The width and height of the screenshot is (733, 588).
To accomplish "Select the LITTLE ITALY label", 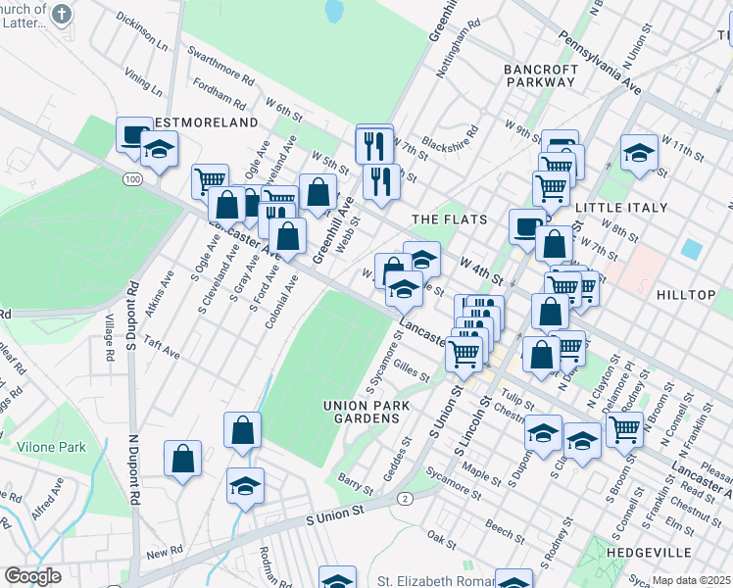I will pos(620,208).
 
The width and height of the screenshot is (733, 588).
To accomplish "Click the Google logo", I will pos(32,576).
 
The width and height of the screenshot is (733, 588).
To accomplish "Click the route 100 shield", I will pos(133,180).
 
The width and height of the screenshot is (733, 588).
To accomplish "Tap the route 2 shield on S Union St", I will pos(404,499).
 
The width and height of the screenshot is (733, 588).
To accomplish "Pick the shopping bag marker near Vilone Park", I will pos(182,458).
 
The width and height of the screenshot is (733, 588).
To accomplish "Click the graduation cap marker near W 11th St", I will pos(639,152).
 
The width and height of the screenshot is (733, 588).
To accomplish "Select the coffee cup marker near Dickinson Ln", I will pos(134,134).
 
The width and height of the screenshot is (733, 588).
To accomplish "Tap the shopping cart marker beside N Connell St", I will pos(623,426).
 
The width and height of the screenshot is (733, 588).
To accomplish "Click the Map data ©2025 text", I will pos(692,580).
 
